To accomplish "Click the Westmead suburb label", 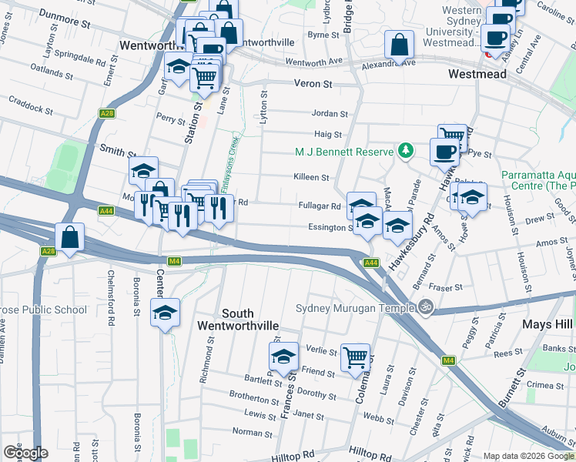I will (478, 74).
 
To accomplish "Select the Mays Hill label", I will (547, 324).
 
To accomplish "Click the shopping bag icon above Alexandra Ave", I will (400, 46).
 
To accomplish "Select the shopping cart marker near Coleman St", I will (356, 357).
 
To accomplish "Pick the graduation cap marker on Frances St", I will (283, 357).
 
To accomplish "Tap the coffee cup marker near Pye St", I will (444, 152).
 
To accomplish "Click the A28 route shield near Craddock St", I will (108, 114).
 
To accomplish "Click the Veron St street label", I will (311, 83).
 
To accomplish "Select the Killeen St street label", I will (311, 177).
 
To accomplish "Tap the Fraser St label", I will (447, 287).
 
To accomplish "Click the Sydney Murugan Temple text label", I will (355, 309).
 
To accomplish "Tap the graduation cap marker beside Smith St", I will (143, 172).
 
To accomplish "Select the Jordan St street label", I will (330, 114).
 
